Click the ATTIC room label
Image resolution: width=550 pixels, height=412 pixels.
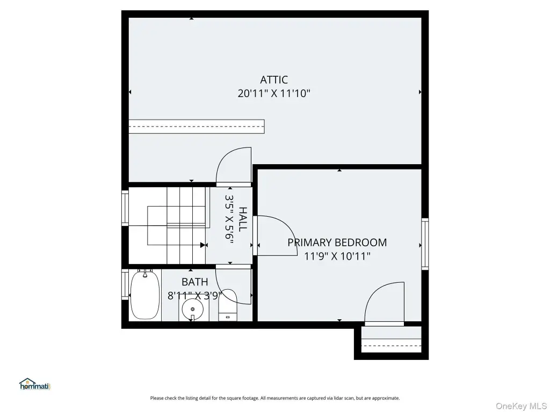(x=274, y=80)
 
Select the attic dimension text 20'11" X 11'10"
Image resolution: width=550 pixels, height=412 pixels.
(x=274, y=93)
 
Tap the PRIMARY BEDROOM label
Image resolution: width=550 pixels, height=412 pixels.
(x=337, y=242)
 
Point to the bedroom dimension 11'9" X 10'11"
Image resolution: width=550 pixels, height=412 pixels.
(x=337, y=256)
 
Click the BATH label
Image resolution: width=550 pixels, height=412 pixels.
(x=194, y=282)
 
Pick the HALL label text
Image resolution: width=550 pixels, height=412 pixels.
(x=243, y=219)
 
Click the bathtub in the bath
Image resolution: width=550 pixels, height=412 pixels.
(x=145, y=295)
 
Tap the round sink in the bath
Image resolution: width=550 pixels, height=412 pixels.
(x=193, y=310)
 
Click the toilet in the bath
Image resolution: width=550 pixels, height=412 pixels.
(x=228, y=305)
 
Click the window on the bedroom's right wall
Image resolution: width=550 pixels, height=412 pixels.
(x=425, y=244)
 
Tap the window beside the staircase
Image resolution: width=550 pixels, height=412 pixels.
(x=125, y=208)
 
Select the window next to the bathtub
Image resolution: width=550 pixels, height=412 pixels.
(x=125, y=284)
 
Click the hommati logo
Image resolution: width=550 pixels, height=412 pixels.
(x=35, y=384)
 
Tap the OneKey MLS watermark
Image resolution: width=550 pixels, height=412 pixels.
(x=521, y=406)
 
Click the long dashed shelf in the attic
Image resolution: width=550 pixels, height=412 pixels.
(x=197, y=127)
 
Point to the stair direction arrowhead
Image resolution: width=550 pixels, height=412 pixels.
(x=202, y=245)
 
